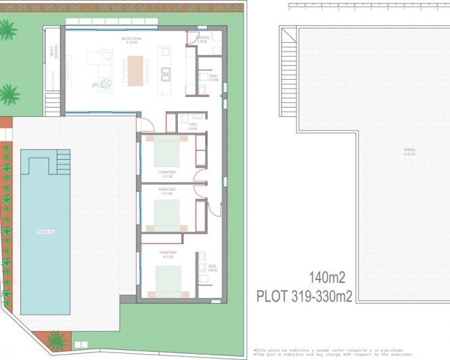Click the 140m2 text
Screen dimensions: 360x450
[327, 277]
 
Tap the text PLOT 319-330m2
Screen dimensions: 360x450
[305, 296]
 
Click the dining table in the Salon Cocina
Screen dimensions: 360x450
[135, 70]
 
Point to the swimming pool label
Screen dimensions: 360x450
[45, 232]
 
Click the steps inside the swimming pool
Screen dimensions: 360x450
[62, 161]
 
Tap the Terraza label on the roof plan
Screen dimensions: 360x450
[409, 152]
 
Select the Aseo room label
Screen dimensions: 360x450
[193, 126]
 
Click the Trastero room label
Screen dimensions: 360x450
[202, 39]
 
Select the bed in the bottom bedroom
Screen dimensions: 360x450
[168, 279]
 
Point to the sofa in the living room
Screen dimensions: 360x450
[101, 65]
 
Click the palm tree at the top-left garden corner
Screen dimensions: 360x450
[7, 30]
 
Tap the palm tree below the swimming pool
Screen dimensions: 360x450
[57, 340]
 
